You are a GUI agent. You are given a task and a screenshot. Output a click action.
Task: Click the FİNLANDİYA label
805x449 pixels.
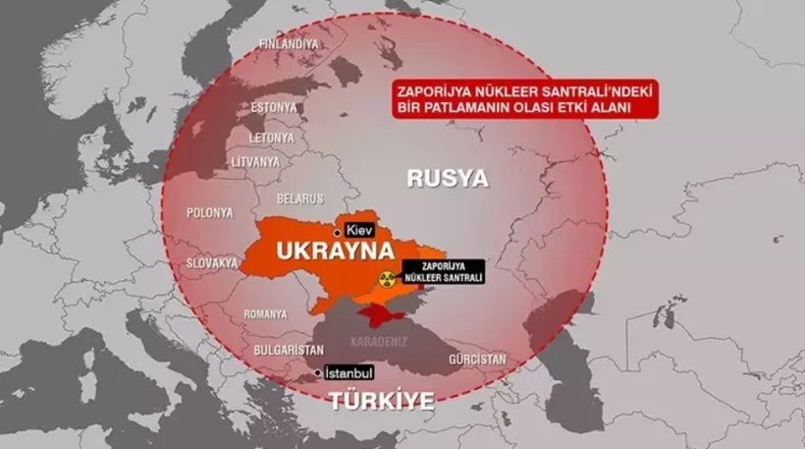[x=289, y=44]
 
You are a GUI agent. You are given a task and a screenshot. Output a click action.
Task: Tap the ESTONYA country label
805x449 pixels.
[x=274, y=106]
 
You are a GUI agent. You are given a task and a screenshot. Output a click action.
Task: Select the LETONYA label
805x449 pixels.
[x=271, y=137]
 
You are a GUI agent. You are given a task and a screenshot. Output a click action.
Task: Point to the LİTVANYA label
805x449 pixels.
[x=255, y=162]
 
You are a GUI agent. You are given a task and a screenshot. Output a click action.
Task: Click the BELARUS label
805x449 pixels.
[x=300, y=197]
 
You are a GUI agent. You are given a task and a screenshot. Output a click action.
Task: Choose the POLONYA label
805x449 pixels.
[x=210, y=212]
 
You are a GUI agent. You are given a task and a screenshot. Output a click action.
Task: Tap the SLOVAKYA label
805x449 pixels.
[x=212, y=263]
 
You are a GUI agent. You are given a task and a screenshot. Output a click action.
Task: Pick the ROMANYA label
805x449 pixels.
[x=265, y=314]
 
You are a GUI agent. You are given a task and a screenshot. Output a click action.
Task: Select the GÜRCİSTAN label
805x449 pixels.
[x=477, y=360]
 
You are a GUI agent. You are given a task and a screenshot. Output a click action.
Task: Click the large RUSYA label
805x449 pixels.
[x=448, y=178]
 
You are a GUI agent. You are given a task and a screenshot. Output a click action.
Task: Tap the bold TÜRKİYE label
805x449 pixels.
[x=382, y=401]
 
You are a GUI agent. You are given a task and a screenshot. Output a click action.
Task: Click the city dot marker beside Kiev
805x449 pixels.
[x=338, y=232]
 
